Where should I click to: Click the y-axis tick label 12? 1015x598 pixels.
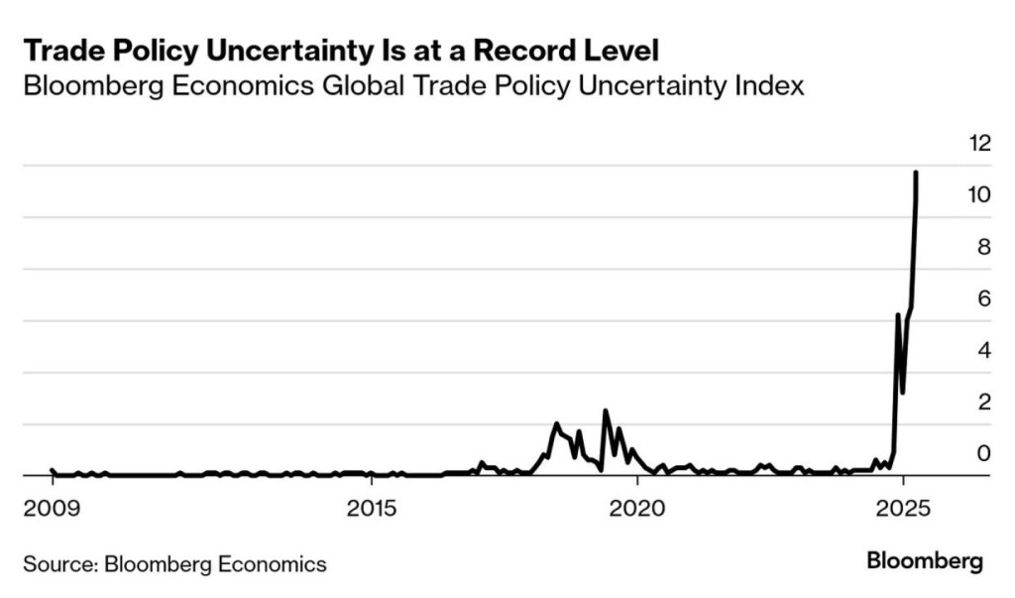pos(978,143)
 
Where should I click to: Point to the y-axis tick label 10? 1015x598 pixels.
pos(978,194)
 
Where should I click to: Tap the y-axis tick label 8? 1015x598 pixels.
pos(984,246)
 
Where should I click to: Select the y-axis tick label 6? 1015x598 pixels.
pos(984,299)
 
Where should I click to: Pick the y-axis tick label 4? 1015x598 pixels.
pos(984,350)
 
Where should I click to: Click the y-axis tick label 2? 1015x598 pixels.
pos(984,402)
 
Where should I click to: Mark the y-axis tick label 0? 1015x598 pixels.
pos(984,453)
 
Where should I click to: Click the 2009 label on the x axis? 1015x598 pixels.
pos(51,509)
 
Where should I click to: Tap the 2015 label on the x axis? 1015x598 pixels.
pos(369,509)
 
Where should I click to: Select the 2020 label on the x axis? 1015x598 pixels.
pos(635,509)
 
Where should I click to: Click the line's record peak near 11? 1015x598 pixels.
pos(916,173)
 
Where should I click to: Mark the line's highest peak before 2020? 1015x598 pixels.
pos(605,411)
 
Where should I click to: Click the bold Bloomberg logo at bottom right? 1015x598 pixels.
pos(925,561)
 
